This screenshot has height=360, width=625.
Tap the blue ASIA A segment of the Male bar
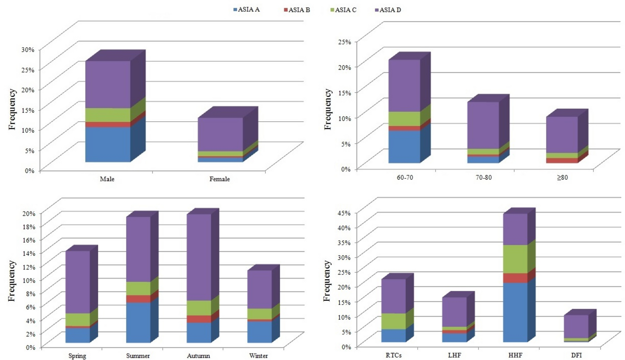point(108,144)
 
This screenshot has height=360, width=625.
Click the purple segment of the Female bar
point(220,134)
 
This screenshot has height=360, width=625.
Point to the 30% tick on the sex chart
point(28,49)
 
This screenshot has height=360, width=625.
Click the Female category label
point(220,179)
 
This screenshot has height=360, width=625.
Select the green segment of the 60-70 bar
point(404,119)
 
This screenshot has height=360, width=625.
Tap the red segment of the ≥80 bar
point(562,160)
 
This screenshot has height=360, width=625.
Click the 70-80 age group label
point(483,178)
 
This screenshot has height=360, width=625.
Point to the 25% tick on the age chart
point(345,42)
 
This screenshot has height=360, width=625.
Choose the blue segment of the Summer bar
point(138,322)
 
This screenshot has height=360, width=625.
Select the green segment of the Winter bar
point(259,313)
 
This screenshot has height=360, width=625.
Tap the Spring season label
point(77,356)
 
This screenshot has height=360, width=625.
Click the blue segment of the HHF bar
point(515,312)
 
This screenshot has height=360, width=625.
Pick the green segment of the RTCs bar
point(393,321)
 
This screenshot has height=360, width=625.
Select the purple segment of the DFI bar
point(576,326)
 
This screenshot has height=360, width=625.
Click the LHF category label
point(454,355)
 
